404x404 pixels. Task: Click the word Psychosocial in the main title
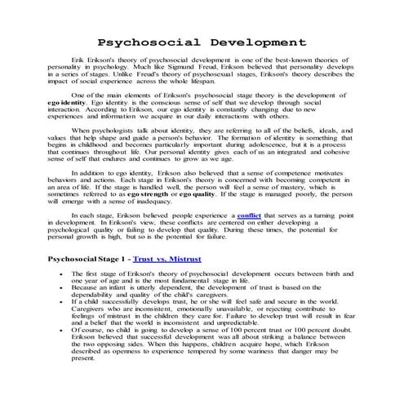click(143, 42)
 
